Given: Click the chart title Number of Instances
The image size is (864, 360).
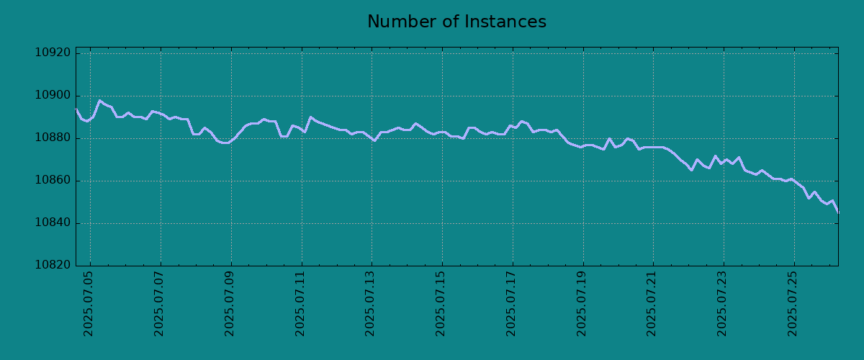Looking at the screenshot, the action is (x=456, y=22).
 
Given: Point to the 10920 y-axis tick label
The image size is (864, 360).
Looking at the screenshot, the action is (x=53, y=53).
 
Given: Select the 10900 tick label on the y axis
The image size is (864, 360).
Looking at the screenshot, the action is (x=53, y=95).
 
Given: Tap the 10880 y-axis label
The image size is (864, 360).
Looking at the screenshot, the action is (x=53, y=138).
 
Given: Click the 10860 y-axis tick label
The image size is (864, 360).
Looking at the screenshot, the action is (x=53, y=180).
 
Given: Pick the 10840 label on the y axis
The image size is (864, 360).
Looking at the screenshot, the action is (x=53, y=222).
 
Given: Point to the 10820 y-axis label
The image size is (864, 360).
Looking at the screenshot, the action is (x=53, y=265).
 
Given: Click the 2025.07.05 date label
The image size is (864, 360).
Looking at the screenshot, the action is (x=89, y=304).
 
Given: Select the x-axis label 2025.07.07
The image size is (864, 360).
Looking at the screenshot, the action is (x=159, y=304).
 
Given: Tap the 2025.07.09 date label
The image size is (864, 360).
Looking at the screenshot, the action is (x=230, y=304).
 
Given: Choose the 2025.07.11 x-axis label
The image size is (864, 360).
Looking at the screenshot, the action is (x=300, y=304).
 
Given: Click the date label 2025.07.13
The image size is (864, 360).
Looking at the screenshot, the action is (x=370, y=304).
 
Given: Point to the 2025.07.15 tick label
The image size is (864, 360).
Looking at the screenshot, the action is (x=441, y=304).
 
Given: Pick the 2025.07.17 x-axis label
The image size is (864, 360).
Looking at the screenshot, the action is (x=510, y=304).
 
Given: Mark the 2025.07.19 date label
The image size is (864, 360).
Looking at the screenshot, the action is (x=581, y=304).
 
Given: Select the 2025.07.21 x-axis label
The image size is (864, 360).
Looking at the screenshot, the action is (x=652, y=304).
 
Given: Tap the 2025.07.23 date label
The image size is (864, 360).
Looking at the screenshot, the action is (x=721, y=304).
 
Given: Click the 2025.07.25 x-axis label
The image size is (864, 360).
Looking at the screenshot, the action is (x=792, y=304).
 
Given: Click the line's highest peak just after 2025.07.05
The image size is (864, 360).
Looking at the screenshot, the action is (x=100, y=101).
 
